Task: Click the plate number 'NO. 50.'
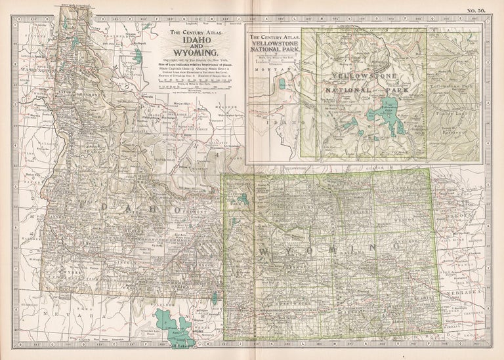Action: point(475,10)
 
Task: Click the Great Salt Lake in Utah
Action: point(172,323)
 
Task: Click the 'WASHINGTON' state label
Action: point(37,70)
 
